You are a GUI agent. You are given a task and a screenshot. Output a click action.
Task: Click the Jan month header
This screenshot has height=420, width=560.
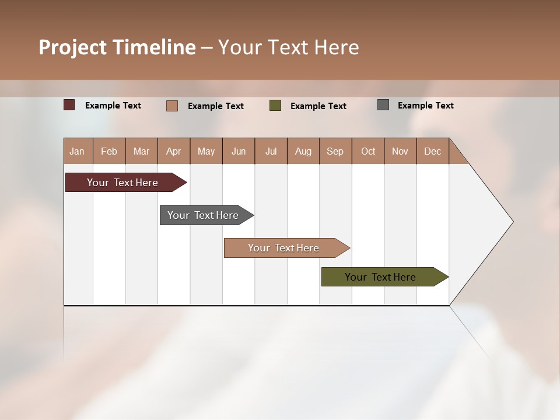78,151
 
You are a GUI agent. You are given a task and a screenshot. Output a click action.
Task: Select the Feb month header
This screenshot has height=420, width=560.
109,151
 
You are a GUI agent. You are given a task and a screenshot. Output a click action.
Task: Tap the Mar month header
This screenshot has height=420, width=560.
141,151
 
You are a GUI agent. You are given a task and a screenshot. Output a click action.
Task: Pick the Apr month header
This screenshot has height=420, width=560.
174,151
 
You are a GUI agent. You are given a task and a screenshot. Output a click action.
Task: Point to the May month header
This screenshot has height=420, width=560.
206,151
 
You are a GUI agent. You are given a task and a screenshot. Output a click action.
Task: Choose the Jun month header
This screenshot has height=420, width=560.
239,151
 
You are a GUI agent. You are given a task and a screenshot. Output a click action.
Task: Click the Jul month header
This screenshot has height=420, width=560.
271,151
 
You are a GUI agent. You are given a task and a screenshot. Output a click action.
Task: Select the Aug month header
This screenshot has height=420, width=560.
303,151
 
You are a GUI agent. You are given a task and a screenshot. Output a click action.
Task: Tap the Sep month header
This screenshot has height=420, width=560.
335,151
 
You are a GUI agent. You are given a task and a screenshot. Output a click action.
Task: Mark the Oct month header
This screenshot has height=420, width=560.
368,151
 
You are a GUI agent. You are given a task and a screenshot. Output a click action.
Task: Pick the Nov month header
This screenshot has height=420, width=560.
400,151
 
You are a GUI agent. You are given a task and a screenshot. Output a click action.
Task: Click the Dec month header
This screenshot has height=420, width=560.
433,151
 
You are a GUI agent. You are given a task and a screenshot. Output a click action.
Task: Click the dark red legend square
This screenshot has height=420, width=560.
69,105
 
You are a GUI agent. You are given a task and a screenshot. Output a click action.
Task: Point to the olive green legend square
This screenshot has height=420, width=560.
275,106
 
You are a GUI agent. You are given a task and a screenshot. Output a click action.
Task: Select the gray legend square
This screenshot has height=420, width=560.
383,105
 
